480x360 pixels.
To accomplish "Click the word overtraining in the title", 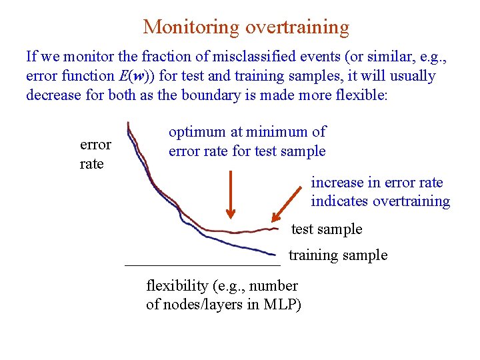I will [297, 27].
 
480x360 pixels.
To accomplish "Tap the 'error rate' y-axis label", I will [95, 155].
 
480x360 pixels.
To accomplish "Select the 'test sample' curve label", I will [327, 229].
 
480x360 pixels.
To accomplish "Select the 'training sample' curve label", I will [337, 255].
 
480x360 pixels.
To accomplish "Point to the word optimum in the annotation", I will [197, 132].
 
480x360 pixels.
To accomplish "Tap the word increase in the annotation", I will [337, 183].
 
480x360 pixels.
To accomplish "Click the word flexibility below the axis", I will [177, 286].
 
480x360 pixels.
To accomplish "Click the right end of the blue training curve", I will [275, 254].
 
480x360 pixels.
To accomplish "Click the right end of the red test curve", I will [276, 229].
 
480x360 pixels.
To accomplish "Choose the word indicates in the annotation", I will [340, 201].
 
